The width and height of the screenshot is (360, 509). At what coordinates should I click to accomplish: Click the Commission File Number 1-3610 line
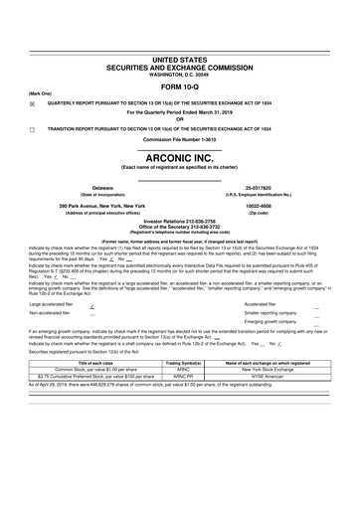[180, 140]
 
